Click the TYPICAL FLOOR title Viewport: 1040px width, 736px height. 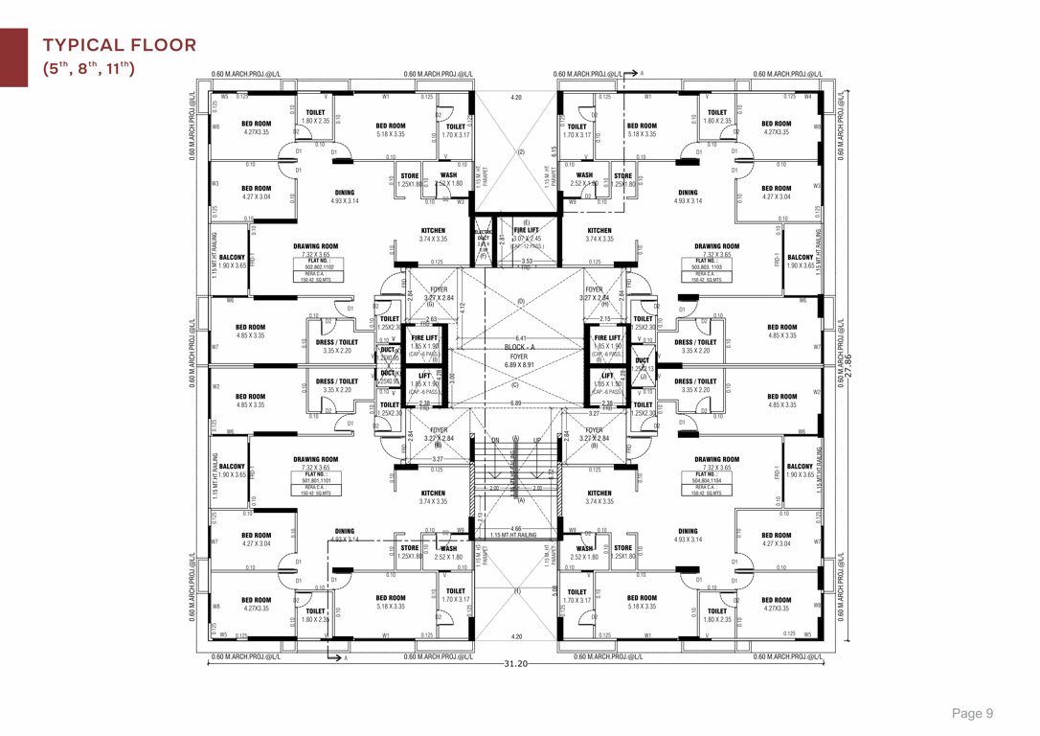pyautogui.click(x=120, y=45)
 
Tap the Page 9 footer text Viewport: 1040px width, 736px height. pyautogui.click(x=972, y=713)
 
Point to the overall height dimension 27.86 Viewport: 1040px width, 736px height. pyautogui.click(x=847, y=365)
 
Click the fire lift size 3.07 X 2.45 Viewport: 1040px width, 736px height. pyautogui.click(x=527, y=239)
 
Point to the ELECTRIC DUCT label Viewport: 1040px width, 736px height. pyautogui.click(x=483, y=236)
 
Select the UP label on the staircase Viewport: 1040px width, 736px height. pyautogui.click(x=537, y=440)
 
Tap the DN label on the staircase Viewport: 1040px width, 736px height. pyautogui.click(x=495, y=440)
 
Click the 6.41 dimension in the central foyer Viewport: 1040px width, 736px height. pyautogui.click(x=520, y=338)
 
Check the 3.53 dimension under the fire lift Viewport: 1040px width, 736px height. pyautogui.click(x=526, y=261)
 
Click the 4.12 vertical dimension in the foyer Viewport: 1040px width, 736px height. pyautogui.click(x=463, y=307)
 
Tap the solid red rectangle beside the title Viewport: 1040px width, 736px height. pyautogui.click(x=13, y=57)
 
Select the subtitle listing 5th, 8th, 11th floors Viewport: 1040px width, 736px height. pyautogui.click(x=88, y=68)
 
